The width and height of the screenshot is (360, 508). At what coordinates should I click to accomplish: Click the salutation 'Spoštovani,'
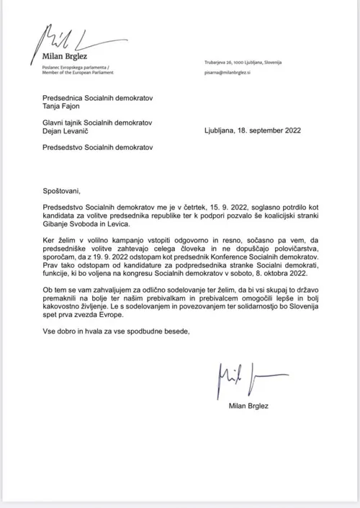tap(63, 192)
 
